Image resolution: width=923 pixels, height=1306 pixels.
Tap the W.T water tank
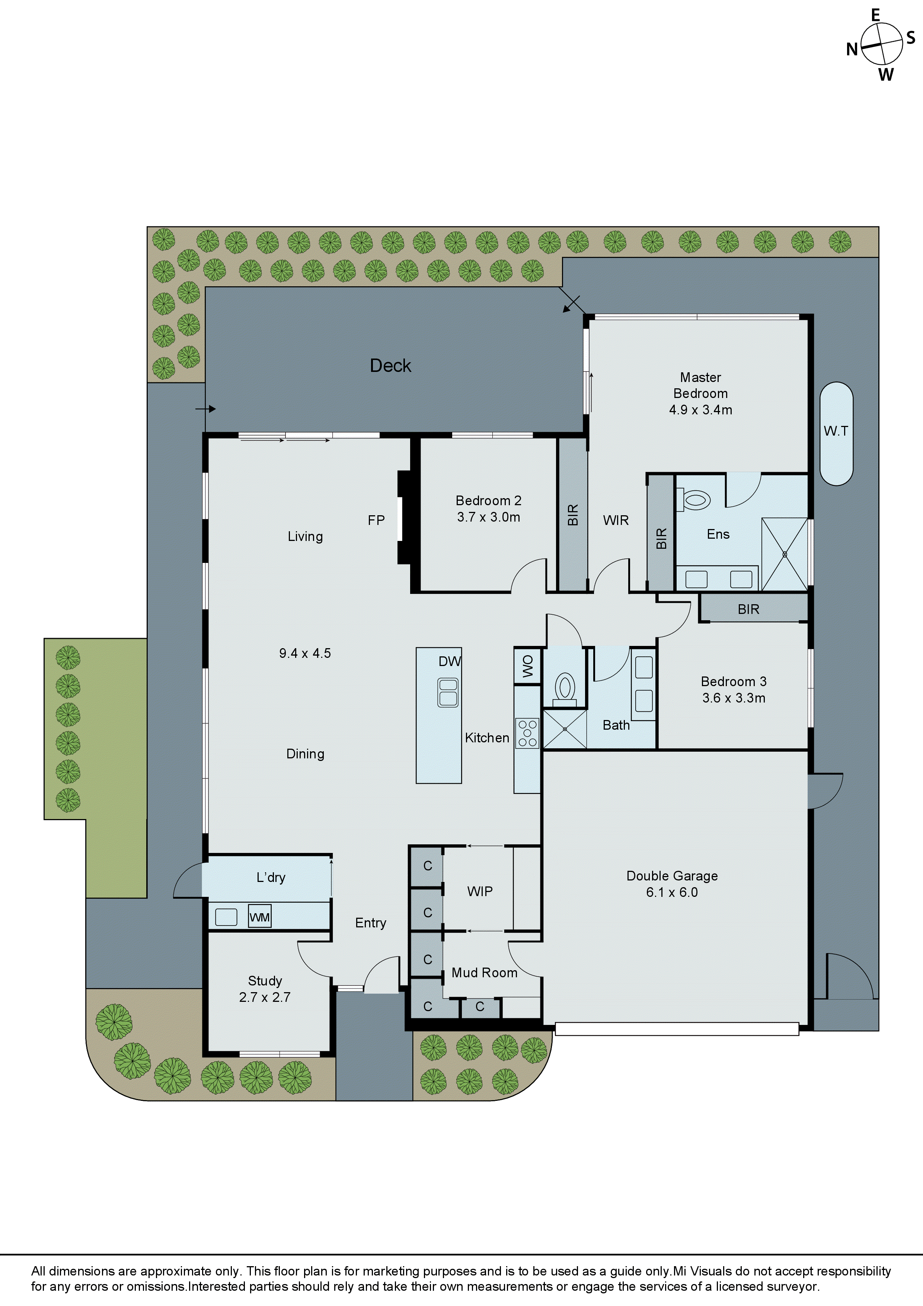coord(836,433)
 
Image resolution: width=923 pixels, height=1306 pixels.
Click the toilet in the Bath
coord(565,687)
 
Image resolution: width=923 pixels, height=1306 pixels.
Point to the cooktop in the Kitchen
coord(527,733)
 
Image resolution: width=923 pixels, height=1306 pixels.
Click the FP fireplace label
coord(376,520)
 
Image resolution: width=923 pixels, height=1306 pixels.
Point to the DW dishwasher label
coord(449,661)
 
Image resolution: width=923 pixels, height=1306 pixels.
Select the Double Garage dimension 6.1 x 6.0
coord(672,892)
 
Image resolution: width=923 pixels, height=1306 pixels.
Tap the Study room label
coord(265,981)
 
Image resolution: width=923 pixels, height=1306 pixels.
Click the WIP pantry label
coord(480,891)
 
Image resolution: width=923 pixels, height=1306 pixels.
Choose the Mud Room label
coord(484,973)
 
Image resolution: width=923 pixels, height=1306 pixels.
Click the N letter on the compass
coord(851,50)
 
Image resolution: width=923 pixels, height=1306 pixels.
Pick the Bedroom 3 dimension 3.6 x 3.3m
coord(734,698)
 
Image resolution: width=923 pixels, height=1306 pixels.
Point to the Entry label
coord(370,923)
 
